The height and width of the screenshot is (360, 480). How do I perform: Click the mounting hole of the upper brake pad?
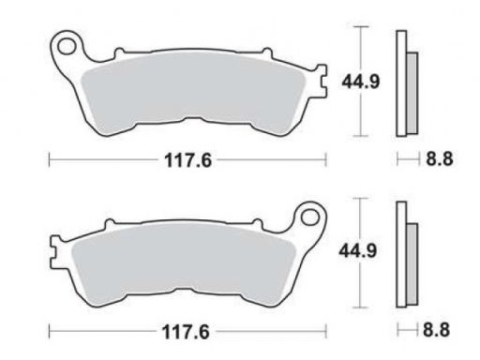tap(67, 46)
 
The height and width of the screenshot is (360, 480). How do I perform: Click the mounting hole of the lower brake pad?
tap(310, 217)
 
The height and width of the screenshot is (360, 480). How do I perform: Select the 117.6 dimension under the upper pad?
tap(188, 160)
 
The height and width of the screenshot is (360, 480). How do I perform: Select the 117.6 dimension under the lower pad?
tap(186, 332)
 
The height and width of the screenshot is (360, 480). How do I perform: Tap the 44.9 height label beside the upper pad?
tap(361, 82)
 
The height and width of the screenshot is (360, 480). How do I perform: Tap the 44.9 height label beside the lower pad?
tap(358, 251)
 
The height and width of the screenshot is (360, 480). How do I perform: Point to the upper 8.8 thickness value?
tap(440, 158)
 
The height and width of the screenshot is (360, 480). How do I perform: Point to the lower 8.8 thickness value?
tap(437, 330)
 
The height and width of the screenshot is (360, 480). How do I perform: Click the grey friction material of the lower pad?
tap(184, 263)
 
